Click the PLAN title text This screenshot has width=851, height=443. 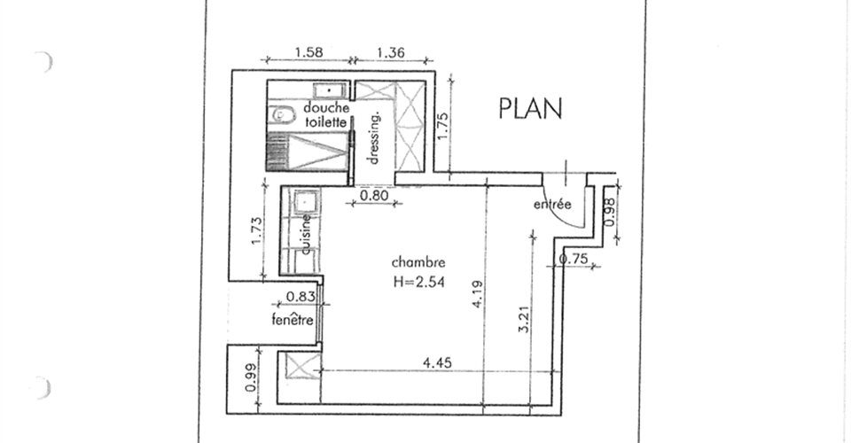coord(530,108)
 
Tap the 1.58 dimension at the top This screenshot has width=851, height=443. coord(308,52)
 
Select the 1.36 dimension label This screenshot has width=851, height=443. coord(390,52)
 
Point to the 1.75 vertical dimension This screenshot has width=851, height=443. coord(442,126)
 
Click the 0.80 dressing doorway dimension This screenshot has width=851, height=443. coord(374,195)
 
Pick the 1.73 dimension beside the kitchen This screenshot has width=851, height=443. coord(257,230)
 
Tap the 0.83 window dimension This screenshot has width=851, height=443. coord(301,297)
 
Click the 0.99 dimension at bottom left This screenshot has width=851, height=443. coord(251,377)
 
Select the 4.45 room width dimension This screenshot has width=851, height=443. coord(437,362)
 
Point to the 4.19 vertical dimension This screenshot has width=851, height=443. coord(478,294)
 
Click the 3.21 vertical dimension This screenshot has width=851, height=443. coord(524,320)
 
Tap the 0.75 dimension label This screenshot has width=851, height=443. coord(574,260)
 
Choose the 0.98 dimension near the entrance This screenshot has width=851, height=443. coord(610,212)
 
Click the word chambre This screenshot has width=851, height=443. coord(418,263)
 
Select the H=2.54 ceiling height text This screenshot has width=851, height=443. coord(419,282)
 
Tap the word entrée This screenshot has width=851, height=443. coord(552,205)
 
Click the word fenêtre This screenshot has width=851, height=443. coord(293,320)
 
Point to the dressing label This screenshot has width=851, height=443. coord(373,137)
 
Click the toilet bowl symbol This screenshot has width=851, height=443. coord(282,115)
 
